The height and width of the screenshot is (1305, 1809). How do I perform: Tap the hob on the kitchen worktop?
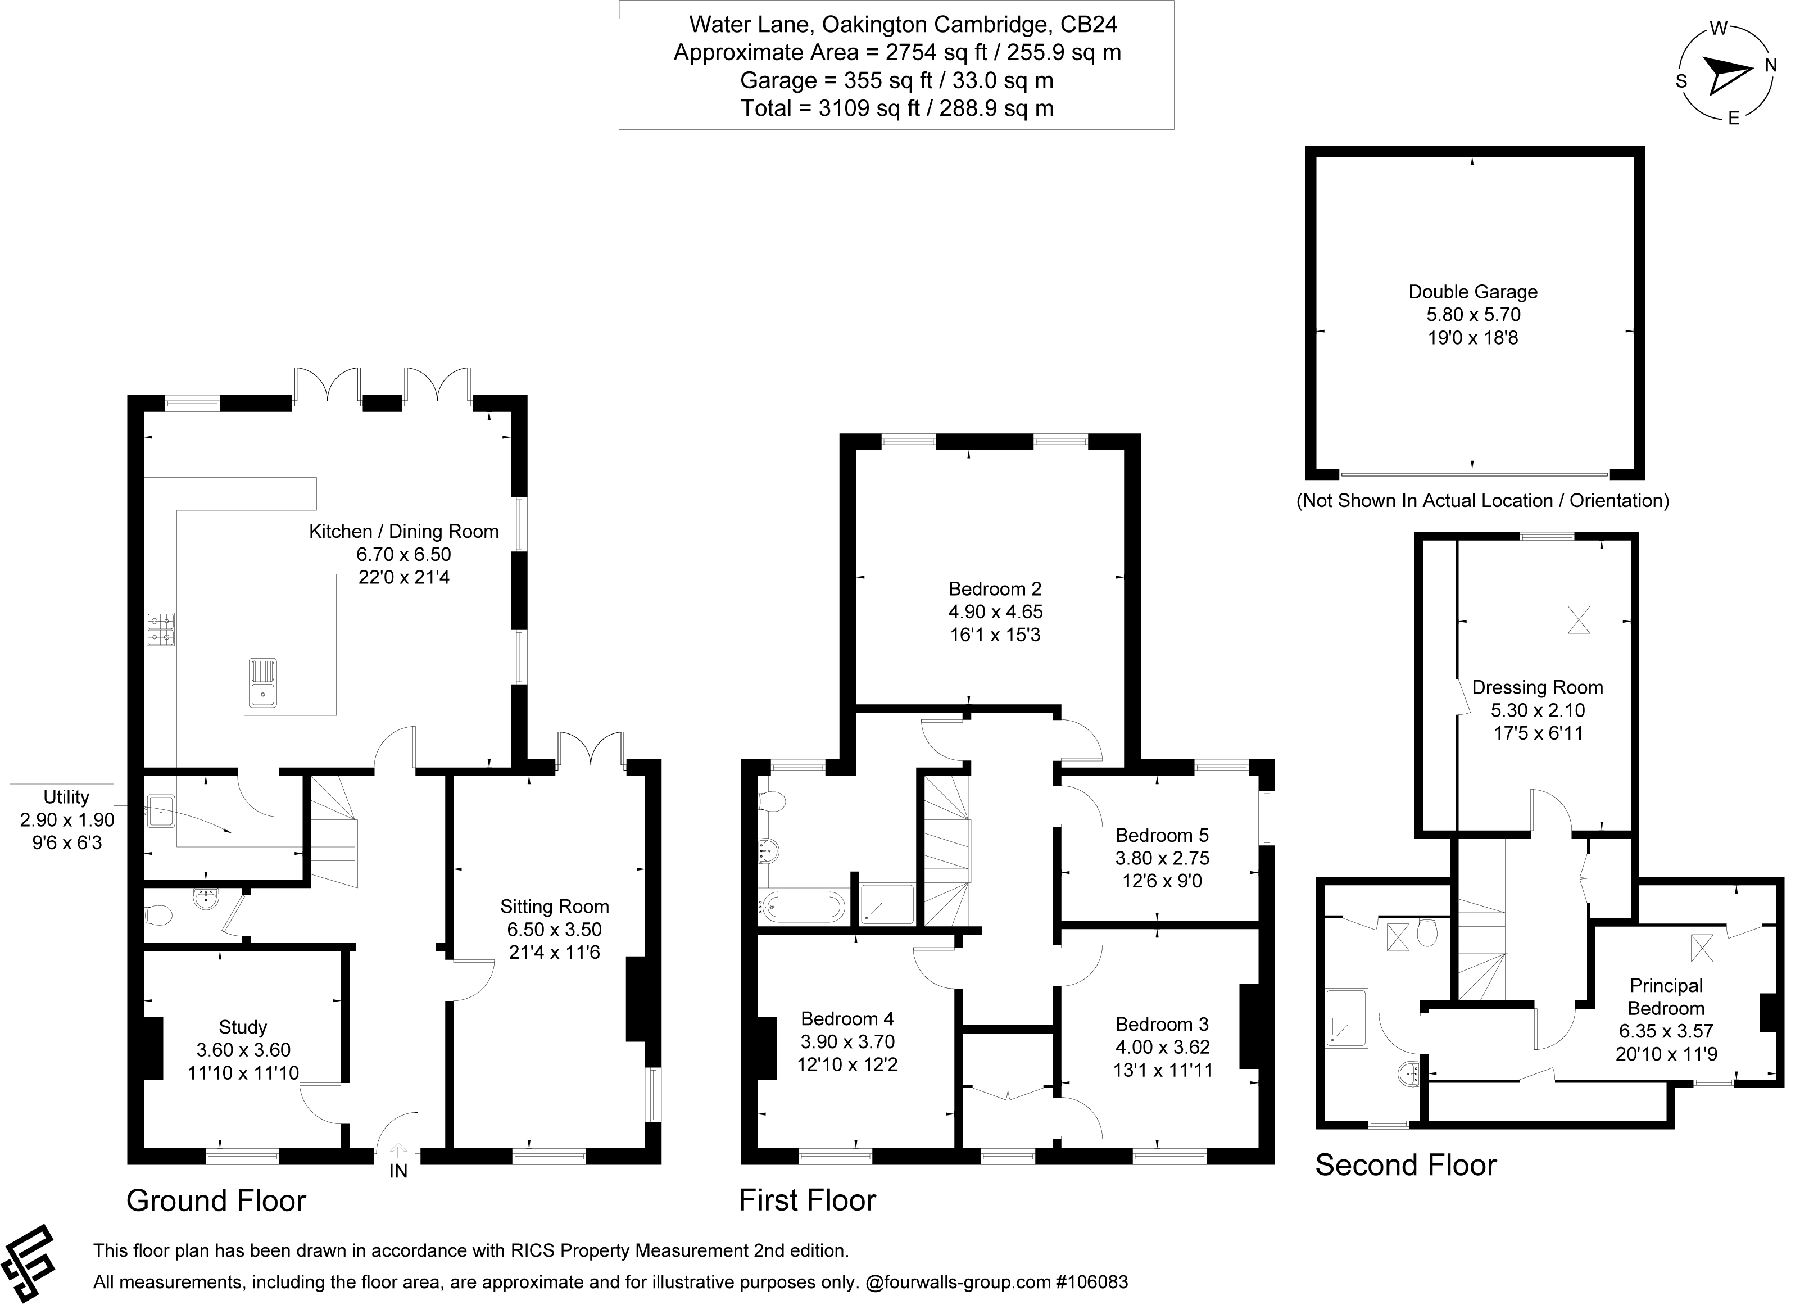[x=160, y=628]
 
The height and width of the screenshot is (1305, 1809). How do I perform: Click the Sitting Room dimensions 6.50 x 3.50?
[x=554, y=930]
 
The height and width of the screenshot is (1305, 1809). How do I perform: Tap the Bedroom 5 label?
[x=1162, y=835]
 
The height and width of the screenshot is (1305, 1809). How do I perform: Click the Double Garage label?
[x=1472, y=292]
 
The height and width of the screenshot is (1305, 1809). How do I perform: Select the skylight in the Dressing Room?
[x=1579, y=620]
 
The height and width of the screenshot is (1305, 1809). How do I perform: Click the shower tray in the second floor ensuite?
[x=1346, y=1018]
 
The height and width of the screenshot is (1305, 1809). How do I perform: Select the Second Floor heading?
[x=1406, y=1166]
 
